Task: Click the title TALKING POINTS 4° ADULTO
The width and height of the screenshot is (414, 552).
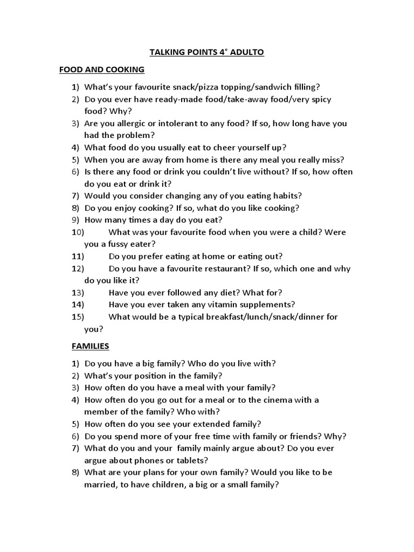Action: click(x=207, y=52)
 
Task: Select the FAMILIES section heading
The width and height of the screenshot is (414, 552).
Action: click(x=91, y=346)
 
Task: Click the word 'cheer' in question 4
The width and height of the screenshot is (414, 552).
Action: click(x=226, y=147)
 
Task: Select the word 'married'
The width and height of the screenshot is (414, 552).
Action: click(x=100, y=484)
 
